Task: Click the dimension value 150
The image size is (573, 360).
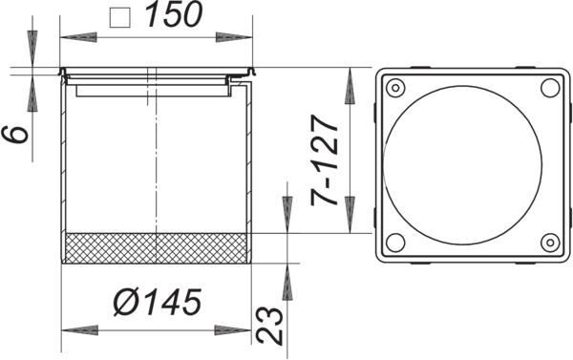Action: tap(174, 14)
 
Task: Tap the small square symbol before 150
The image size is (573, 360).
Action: tap(120, 17)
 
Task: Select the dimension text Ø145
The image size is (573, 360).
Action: tap(158, 302)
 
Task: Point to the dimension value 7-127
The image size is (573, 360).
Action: tap(324, 160)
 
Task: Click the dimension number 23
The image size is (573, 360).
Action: tap(270, 326)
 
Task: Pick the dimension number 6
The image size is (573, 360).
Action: tap(15, 134)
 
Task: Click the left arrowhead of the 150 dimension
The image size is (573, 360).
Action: tap(78, 37)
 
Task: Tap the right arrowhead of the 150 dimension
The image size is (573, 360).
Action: tap(234, 37)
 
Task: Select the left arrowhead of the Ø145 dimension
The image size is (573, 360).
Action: tap(80, 330)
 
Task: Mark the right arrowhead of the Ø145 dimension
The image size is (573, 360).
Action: tap(232, 330)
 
